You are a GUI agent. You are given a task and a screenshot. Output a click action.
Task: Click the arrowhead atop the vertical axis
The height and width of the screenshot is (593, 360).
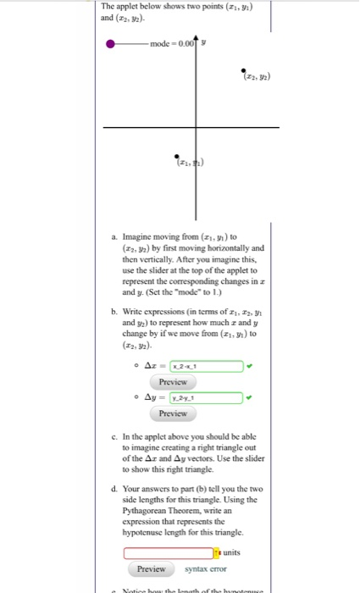[x=196, y=37]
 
